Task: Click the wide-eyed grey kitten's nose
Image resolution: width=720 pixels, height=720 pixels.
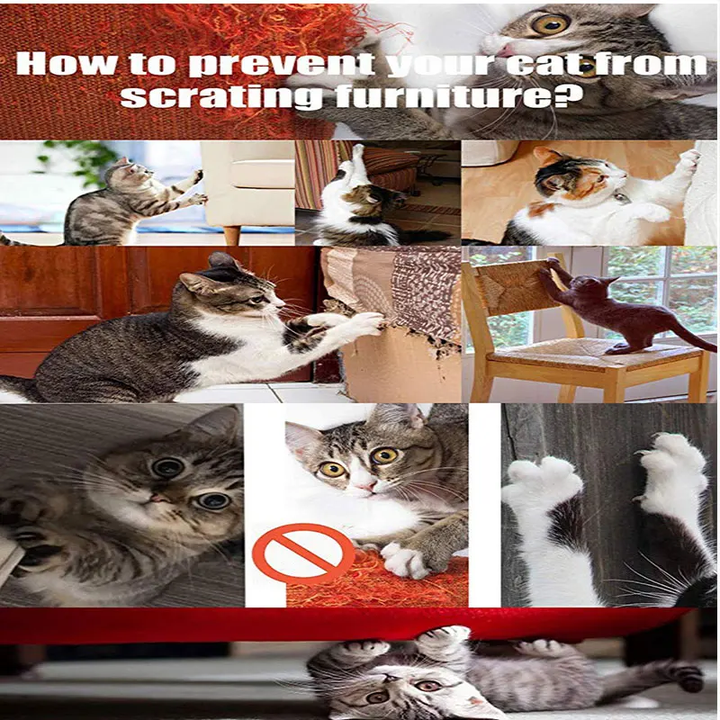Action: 159,498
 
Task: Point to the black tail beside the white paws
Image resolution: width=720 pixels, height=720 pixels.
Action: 697,589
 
